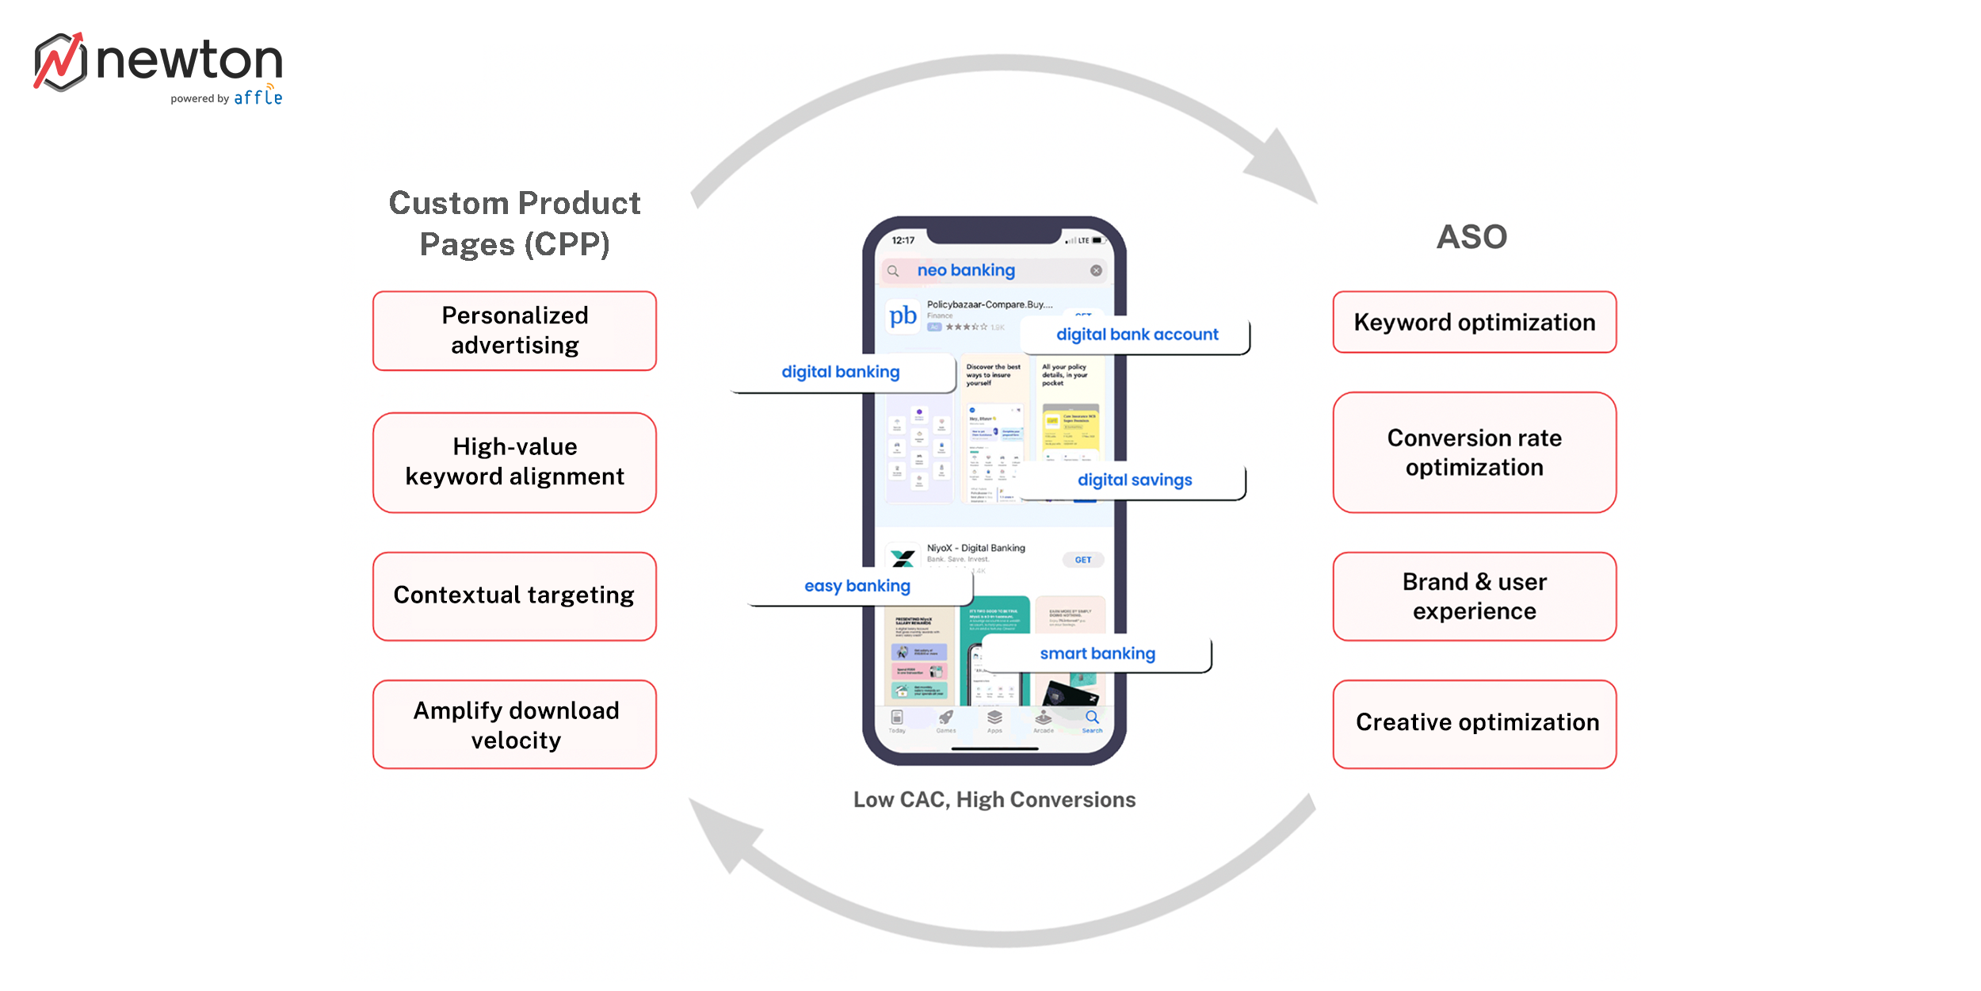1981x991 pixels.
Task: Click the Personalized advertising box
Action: pyautogui.click(x=514, y=331)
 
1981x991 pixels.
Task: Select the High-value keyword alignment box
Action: pyautogui.click(x=514, y=461)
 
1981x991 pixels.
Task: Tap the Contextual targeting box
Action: pyautogui.click(x=514, y=595)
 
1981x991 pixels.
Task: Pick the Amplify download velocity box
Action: pyautogui.click(x=514, y=725)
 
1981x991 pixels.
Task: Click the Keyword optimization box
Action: pyautogui.click(x=1474, y=322)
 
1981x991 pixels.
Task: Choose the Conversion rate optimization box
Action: pyautogui.click(x=1474, y=452)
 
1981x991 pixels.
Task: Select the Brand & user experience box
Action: pyautogui.click(x=1474, y=596)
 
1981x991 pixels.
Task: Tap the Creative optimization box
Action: pyautogui.click(x=1474, y=723)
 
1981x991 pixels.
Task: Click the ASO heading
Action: pyautogui.click(x=1471, y=237)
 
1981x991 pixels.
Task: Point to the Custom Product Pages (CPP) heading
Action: pyautogui.click(x=514, y=224)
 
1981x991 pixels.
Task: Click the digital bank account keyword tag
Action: pyautogui.click(x=1136, y=335)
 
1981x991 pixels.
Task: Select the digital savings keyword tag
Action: pyautogui.click(x=1134, y=480)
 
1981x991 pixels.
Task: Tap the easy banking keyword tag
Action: pyautogui.click(x=857, y=586)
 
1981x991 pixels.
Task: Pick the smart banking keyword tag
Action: pyautogui.click(x=1097, y=653)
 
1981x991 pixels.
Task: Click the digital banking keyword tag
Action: pyautogui.click(x=841, y=372)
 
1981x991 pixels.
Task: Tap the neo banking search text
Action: pyautogui.click(x=966, y=270)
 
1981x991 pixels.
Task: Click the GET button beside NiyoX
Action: pyautogui.click(x=1082, y=560)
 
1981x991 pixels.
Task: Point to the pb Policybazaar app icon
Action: pyautogui.click(x=903, y=316)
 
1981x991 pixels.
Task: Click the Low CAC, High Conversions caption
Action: pyautogui.click(x=994, y=799)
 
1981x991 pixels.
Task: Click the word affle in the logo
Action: pyautogui.click(x=258, y=98)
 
